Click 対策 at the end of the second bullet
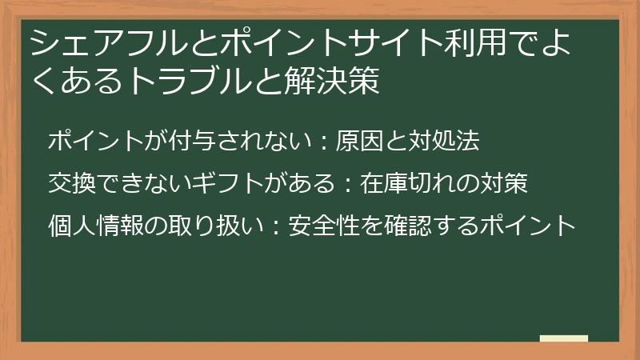click(504, 184)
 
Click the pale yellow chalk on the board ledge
click(563, 339)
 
